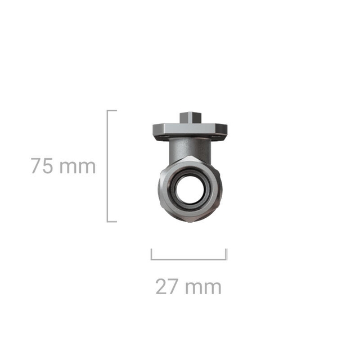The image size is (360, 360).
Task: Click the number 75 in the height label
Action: (42, 166)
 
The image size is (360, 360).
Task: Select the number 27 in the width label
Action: (166, 286)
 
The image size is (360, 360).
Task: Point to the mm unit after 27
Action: (203, 288)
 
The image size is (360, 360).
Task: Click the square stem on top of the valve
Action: (191, 118)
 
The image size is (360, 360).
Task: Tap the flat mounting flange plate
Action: (190, 130)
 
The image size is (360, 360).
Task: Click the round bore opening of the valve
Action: (190, 189)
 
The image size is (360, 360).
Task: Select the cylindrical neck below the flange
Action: (190, 149)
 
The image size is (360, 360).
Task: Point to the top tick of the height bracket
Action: (112, 111)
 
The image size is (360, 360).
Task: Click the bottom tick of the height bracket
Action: (112, 222)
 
